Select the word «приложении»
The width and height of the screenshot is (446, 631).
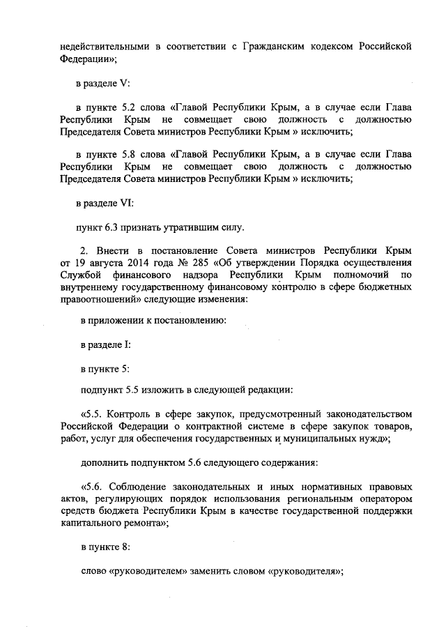click(113, 321)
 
